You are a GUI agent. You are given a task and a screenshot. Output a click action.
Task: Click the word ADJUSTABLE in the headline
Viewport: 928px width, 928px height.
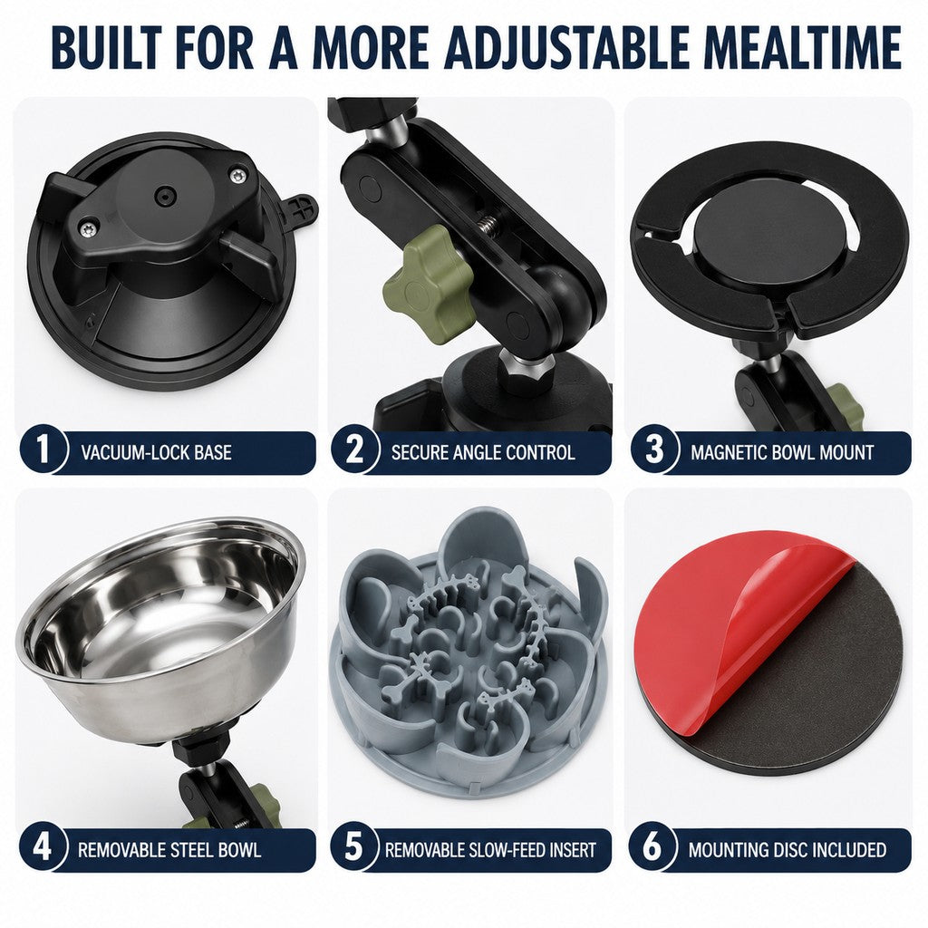566,47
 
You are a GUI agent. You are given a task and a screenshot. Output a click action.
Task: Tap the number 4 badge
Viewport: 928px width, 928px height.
42,847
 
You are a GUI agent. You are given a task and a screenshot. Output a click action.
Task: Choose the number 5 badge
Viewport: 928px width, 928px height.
353,847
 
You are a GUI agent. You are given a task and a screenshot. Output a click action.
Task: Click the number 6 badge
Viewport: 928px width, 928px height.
652,847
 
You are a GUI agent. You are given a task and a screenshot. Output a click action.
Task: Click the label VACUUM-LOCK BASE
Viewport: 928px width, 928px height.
156,453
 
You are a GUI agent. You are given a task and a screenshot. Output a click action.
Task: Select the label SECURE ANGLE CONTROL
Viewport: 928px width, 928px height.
483,453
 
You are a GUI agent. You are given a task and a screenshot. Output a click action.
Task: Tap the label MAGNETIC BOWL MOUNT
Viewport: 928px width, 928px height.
782,453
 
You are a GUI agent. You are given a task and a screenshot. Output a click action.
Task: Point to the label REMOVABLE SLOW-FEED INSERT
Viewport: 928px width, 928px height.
490,850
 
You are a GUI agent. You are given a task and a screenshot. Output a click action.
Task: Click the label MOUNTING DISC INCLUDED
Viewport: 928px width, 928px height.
788,850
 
